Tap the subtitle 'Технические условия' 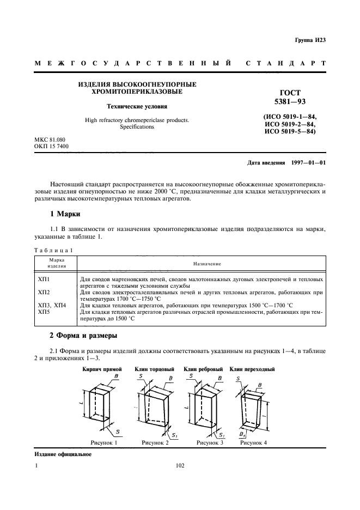tap(137, 107)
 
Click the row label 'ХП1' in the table tap(44, 279)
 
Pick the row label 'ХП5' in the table tap(44, 312)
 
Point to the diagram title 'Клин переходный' tap(252, 369)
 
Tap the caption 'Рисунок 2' tap(155, 443)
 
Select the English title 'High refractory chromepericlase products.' tap(137, 120)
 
